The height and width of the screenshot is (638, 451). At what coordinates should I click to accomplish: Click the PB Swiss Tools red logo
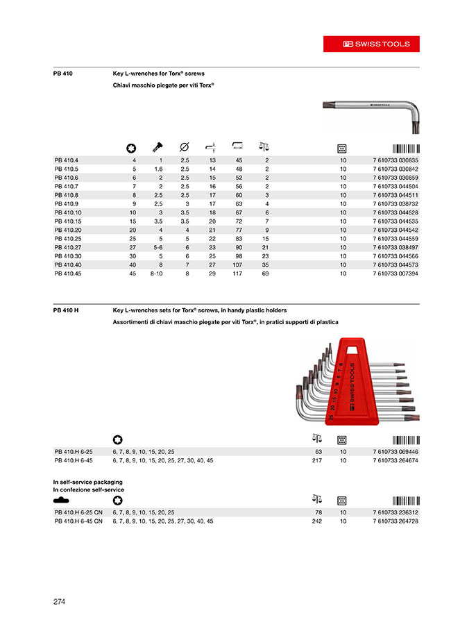click(x=377, y=44)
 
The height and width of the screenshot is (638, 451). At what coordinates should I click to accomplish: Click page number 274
click(x=59, y=602)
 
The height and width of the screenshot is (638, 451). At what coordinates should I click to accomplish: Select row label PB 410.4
click(x=67, y=161)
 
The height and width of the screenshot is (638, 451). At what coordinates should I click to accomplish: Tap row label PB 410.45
click(x=68, y=274)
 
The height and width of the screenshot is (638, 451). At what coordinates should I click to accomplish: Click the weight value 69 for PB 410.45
click(x=266, y=274)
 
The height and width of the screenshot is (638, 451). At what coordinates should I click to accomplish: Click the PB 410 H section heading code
click(x=65, y=310)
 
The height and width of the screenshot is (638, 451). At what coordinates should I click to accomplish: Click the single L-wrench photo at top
click(x=373, y=111)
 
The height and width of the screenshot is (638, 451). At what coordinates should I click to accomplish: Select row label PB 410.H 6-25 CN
click(x=79, y=512)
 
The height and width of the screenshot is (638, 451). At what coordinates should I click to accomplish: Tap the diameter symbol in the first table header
click(x=185, y=147)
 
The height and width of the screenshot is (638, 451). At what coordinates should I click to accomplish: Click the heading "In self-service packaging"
click(x=87, y=481)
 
